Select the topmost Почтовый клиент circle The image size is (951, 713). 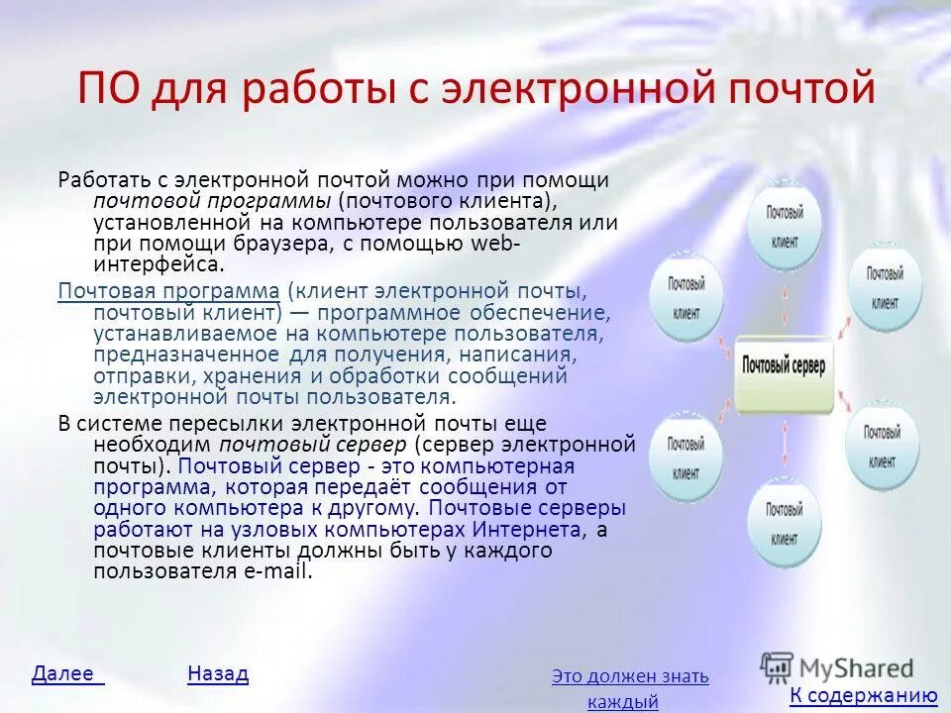pyautogui.click(x=784, y=223)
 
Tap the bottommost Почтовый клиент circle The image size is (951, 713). pyautogui.click(x=784, y=520)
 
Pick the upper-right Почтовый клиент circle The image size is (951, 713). pyautogui.click(x=883, y=284)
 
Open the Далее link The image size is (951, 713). pyautogui.click(x=67, y=674)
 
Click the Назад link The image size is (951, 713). pyautogui.click(x=217, y=674)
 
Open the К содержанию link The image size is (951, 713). pyautogui.click(x=863, y=696)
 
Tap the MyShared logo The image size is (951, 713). pyautogui.click(x=838, y=667)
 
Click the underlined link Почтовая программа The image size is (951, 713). pyautogui.click(x=168, y=290)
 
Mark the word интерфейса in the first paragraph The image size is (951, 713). pyautogui.click(x=157, y=264)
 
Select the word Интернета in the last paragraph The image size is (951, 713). pyautogui.click(x=529, y=530)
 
